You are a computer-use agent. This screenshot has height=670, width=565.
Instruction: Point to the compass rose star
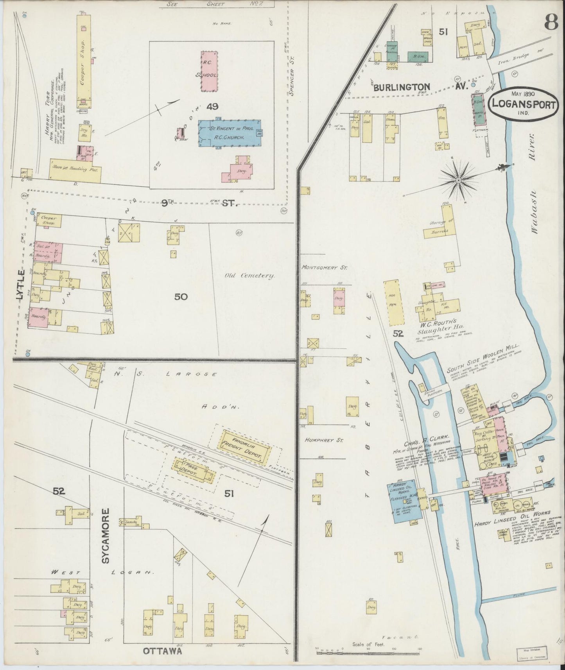tap(458, 180)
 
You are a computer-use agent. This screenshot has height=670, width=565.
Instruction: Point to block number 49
tap(213, 106)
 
